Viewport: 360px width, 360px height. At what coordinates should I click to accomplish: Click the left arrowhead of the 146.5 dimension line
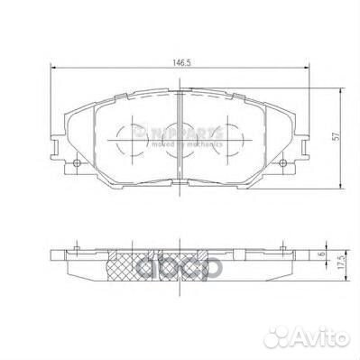pos(52,72)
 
